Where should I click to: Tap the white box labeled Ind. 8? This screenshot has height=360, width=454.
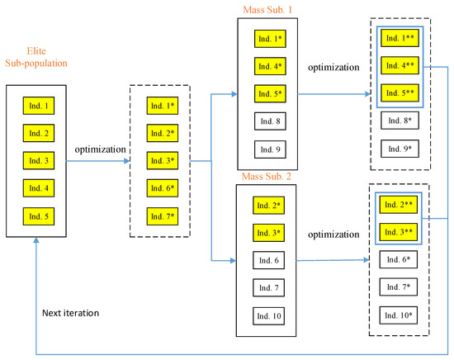click(270, 121)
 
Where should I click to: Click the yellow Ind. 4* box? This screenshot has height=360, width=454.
click(270, 65)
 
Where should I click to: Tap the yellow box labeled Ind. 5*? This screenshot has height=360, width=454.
click(270, 93)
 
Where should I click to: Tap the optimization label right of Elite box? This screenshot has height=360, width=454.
click(100, 149)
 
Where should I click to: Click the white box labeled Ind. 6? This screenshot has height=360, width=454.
click(270, 260)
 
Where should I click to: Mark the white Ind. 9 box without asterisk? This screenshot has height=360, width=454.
click(270, 149)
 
